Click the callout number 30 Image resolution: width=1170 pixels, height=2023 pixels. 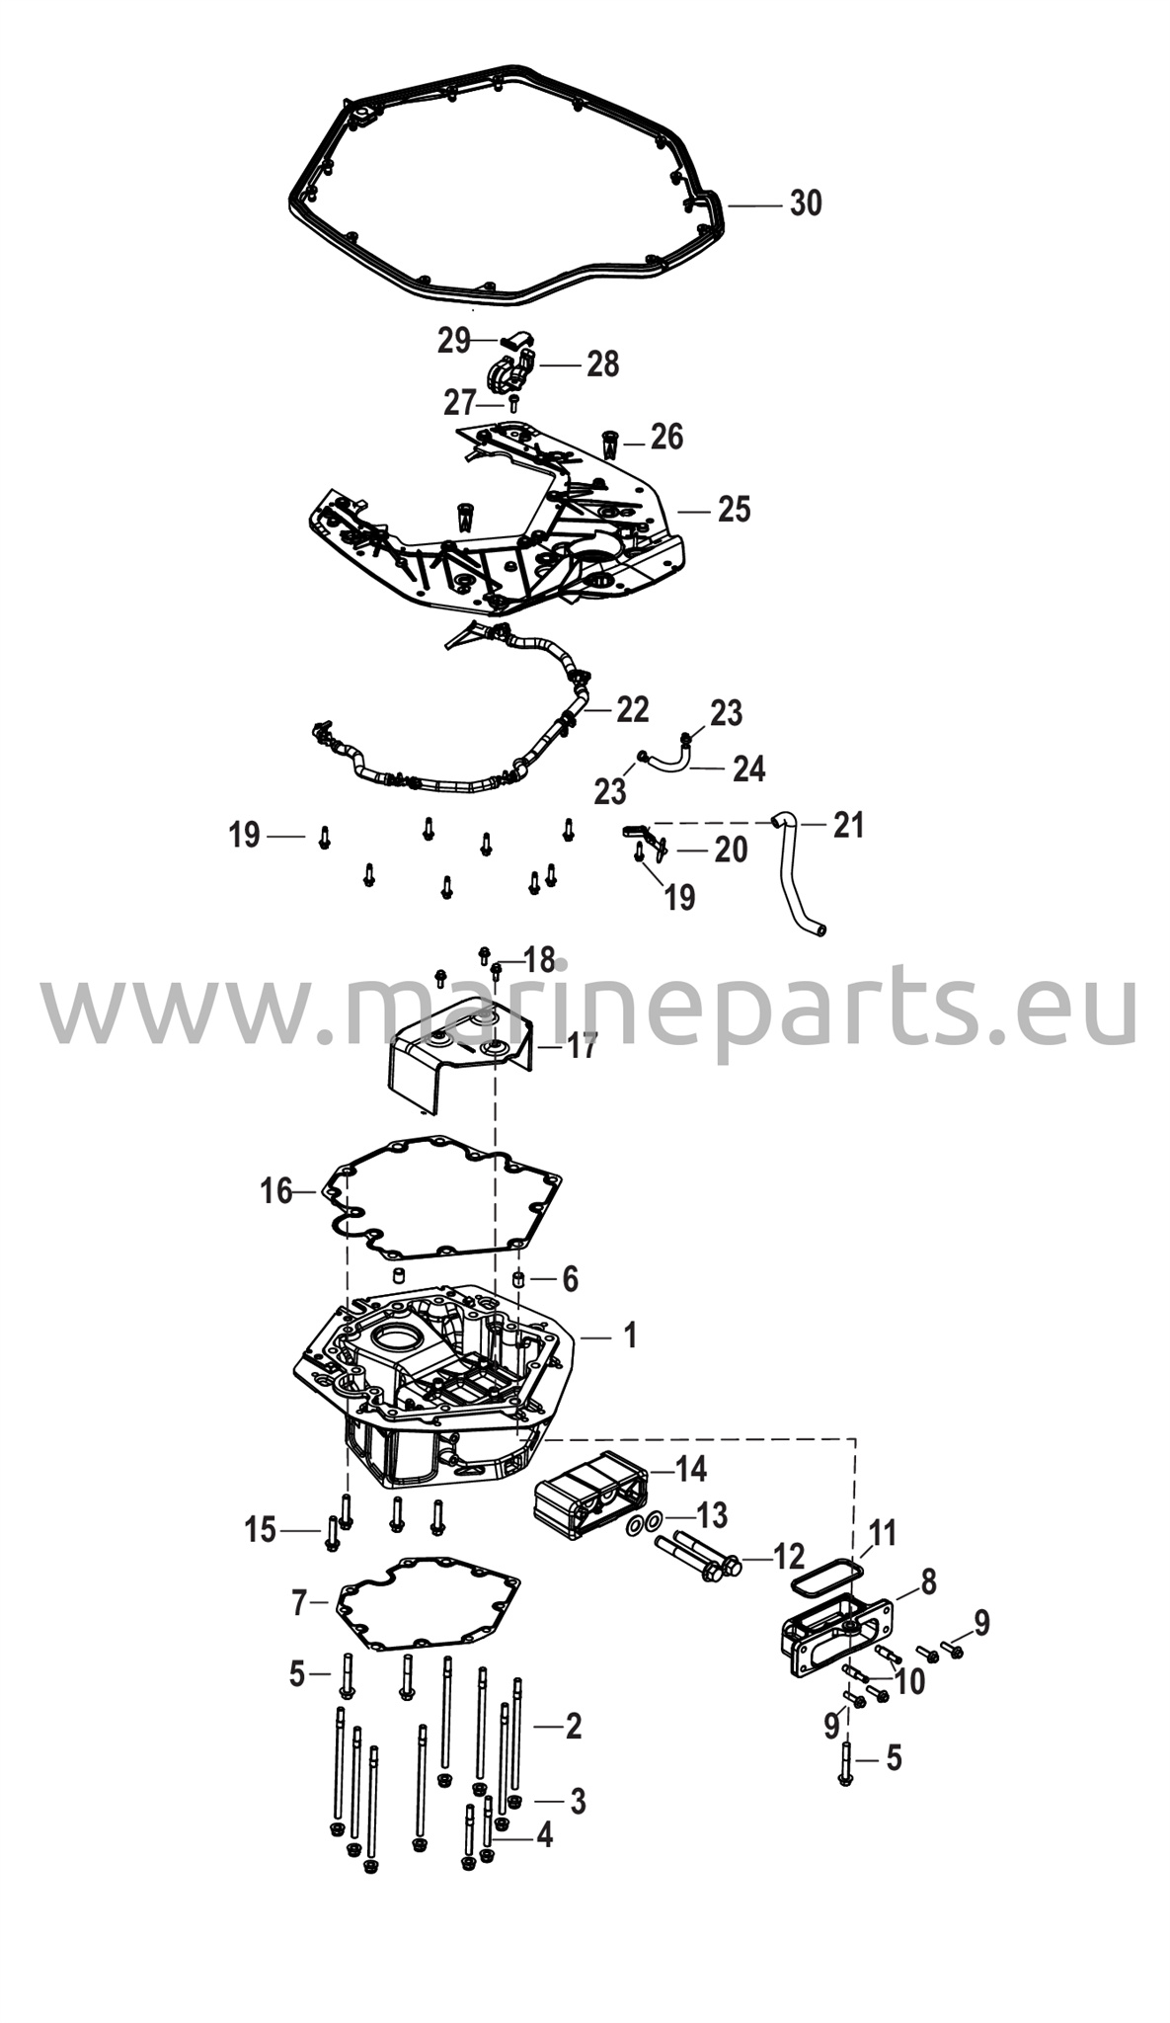click(x=806, y=203)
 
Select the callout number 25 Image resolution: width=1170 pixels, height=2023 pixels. click(x=735, y=510)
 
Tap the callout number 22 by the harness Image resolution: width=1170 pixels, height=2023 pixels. click(x=633, y=709)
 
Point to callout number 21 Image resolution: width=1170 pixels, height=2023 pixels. click(x=848, y=824)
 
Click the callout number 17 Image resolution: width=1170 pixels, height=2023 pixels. click(x=583, y=1046)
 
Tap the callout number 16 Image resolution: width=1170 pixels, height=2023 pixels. click(x=276, y=1190)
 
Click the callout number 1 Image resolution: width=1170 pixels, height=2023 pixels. click(x=630, y=1335)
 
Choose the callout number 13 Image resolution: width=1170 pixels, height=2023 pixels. click(x=711, y=1514)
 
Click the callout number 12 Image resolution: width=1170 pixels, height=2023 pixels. click(x=788, y=1558)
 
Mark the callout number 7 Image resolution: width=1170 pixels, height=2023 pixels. click(x=299, y=1602)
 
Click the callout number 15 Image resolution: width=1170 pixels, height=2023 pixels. click(x=261, y=1530)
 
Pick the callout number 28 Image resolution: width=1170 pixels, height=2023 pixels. click(x=602, y=364)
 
